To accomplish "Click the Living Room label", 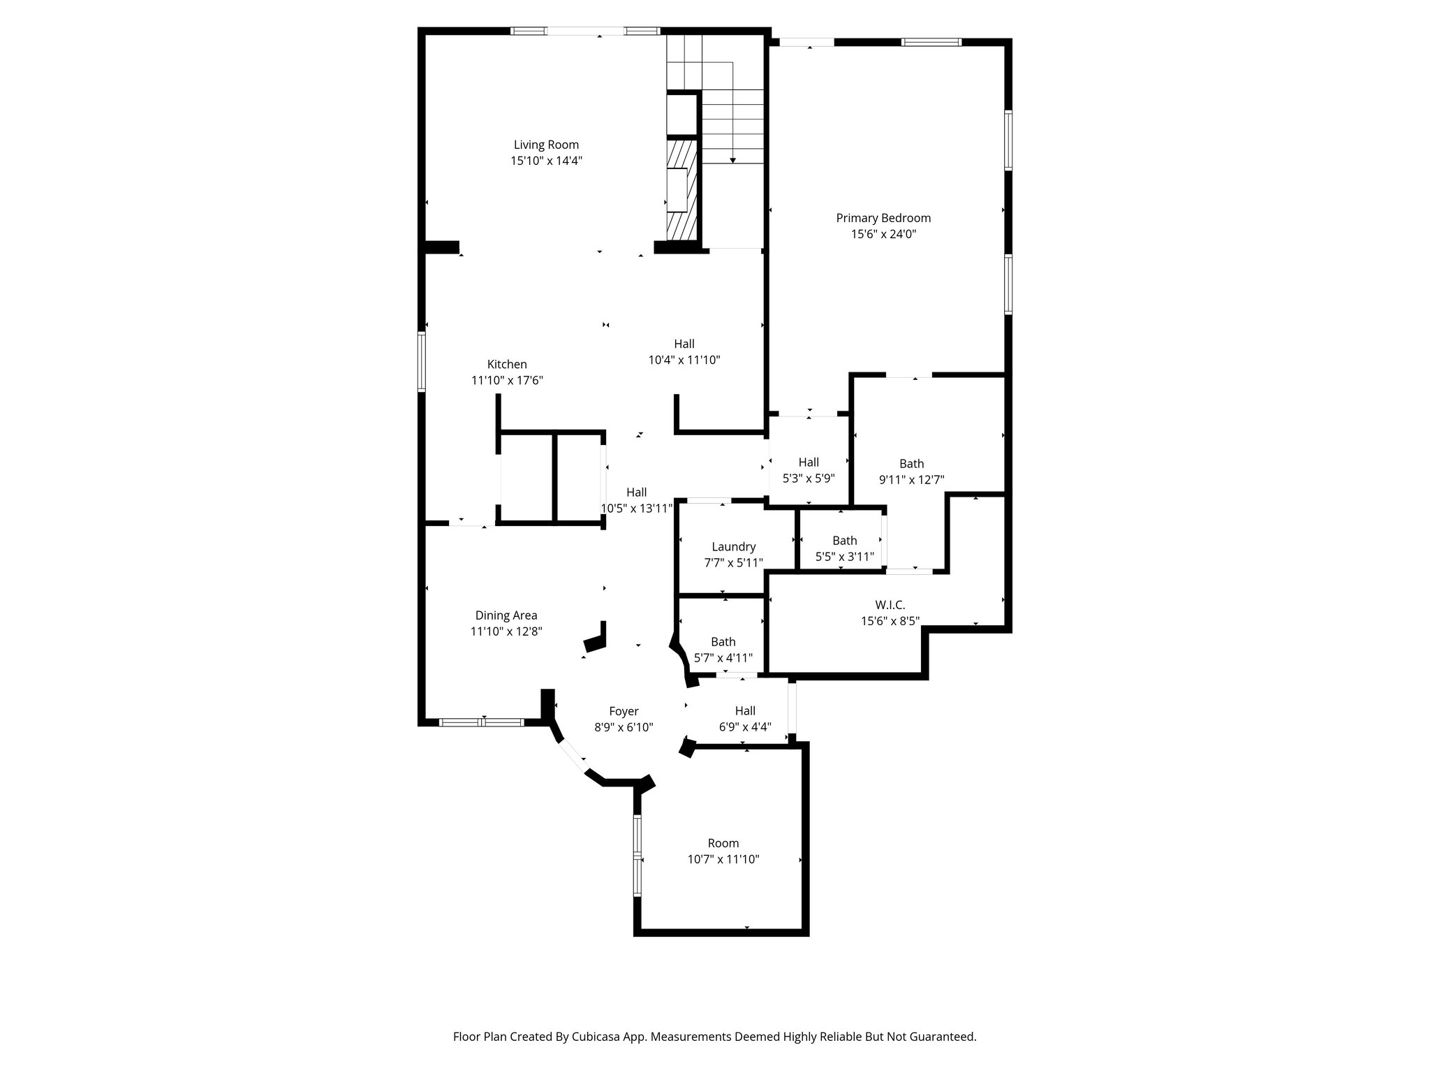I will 546,145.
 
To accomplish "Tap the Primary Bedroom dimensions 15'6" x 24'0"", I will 883,234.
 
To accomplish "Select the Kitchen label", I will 507,364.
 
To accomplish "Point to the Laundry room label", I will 733,546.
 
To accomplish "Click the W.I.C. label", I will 890,604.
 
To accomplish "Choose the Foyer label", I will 624,711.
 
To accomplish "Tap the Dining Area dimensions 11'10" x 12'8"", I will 506,632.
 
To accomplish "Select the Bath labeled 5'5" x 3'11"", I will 844,540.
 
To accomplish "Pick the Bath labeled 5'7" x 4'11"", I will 723,641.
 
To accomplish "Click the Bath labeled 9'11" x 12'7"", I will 911,463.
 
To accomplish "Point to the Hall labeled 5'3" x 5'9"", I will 809,462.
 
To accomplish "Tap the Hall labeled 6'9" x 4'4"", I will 745,710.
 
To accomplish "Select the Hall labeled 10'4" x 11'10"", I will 684,344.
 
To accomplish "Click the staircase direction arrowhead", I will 732,160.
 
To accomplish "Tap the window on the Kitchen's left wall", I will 422,360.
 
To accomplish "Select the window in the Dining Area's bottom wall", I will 482,722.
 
